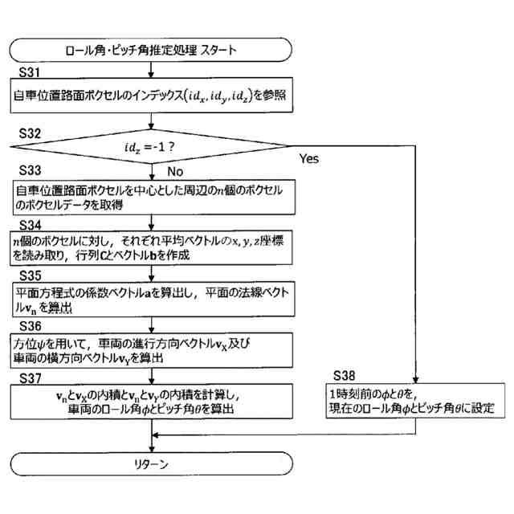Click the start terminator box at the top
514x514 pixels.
click(151, 50)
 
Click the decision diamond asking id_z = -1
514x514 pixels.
click(151, 147)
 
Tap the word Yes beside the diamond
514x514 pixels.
click(309, 158)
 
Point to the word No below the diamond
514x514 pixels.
click(174, 170)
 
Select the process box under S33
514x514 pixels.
click(151, 197)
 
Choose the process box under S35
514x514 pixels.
click(151, 300)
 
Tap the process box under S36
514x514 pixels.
click(151, 350)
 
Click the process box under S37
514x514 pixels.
click(151, 402)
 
